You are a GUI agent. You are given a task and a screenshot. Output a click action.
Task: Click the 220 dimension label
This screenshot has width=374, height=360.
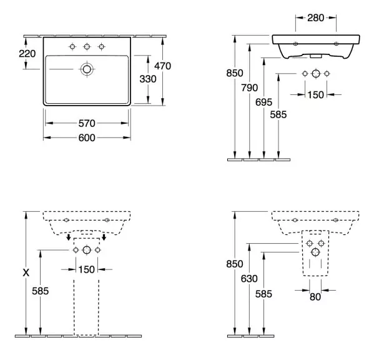(x=27, y=54)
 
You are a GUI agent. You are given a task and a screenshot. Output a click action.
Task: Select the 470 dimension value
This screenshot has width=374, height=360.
(x=163, y=66)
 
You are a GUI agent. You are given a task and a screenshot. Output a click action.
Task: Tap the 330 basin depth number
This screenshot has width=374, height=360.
(x=148, y=79)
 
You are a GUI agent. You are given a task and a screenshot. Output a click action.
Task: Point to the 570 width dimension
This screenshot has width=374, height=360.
(x=87, y=123)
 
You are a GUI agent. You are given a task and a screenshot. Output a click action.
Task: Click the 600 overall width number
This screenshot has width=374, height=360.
(x=87, y=137)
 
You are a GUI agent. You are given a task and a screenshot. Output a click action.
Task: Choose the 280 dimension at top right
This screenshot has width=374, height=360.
(x=315, y=18)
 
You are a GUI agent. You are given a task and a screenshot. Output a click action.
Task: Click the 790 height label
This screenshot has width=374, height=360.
(x=250, y=88)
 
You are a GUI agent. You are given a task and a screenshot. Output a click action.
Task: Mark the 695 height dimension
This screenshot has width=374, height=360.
(x=264, y=102)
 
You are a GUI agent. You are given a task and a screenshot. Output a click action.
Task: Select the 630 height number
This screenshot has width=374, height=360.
(x=249, y=279)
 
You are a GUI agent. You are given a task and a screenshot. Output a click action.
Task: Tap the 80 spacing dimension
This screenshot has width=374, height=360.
(x=315, y=297)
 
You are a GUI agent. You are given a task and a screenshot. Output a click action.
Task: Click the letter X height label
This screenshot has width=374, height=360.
(x=26, y=272)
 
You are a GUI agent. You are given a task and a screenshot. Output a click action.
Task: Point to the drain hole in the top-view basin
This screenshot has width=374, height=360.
(x=87, y=69)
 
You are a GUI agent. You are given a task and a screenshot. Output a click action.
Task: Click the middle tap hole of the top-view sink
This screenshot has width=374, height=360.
(x=87, y=46)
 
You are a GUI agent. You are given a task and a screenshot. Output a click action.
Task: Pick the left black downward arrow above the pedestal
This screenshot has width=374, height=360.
(x=69, y=237)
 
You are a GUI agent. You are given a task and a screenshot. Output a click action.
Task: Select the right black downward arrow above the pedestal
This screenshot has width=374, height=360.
(x=104, y=237)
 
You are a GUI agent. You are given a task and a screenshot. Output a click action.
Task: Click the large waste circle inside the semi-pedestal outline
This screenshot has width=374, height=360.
(x=315, y=252)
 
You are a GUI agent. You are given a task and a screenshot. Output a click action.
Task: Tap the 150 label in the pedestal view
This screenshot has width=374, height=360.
(x=87, y=270)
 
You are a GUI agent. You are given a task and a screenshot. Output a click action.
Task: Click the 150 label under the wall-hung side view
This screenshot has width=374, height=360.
(x=315, y=95)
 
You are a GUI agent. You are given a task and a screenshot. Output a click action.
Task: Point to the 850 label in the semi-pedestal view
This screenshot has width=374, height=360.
(x=235, y=264)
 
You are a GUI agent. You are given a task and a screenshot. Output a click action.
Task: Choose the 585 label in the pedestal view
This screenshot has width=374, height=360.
(x=41, y=291)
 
